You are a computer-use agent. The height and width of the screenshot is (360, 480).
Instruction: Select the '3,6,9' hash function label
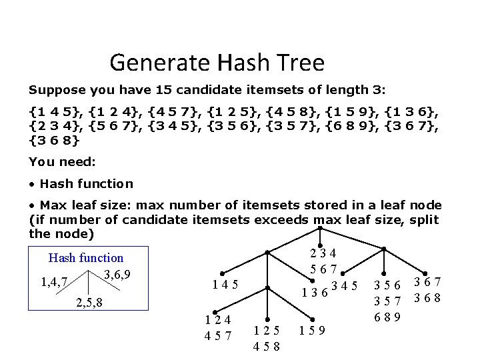117,274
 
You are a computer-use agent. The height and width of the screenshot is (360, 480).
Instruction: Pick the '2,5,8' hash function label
90,304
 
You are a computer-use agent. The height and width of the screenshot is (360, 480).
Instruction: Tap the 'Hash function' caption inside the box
86,257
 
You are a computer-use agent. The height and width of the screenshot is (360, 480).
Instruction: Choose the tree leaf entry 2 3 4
323,252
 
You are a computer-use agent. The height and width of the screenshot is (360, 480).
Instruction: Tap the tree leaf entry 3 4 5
345,287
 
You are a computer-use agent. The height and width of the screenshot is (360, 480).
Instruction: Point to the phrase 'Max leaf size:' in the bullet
79,205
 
